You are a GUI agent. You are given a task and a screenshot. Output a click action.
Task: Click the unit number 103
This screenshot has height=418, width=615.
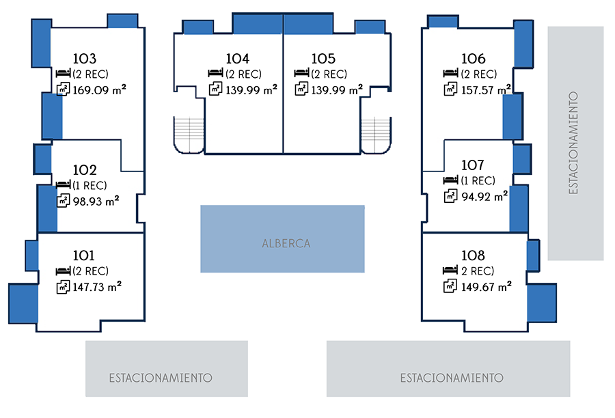click(85, 59)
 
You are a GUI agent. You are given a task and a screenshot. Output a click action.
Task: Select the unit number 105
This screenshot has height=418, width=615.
click(323, 59)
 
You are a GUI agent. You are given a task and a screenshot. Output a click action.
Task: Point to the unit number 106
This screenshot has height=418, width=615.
click(473, 59)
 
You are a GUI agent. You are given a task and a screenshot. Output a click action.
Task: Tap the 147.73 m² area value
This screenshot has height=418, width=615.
click(97, 287)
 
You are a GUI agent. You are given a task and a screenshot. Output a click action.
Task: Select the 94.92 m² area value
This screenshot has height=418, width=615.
click(484, 196)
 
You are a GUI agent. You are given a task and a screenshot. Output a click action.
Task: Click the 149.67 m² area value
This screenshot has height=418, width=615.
click(486, 287)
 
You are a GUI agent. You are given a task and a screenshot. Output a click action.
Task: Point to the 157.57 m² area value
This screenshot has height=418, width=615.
click(486, 89)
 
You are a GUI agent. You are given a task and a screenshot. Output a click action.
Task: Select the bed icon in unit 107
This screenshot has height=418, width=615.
click(450, 180)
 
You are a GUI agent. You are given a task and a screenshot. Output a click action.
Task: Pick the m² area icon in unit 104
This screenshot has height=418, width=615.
click(215, 89)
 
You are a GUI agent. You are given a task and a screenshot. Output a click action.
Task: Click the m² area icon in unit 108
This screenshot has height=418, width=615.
click(450, 287)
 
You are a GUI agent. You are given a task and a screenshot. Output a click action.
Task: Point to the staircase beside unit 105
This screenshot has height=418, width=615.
click(375, 134)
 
